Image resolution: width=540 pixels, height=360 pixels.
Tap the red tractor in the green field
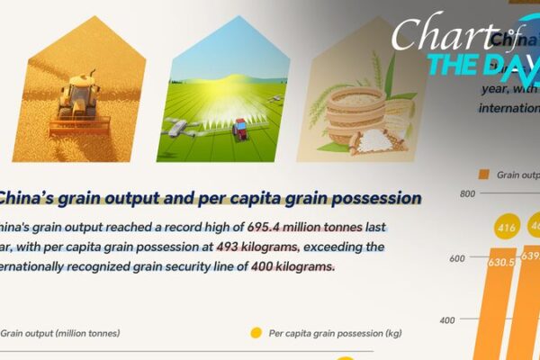click(x=239, y=130)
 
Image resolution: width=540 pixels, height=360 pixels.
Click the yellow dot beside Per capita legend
click(x=256, y=333)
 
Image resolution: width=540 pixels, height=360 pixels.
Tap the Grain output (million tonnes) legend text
click(x=59, y=333)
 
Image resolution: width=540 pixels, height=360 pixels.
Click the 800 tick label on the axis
click(x=467, y=193)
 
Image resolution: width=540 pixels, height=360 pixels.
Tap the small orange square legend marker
click(x=484, y=174)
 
